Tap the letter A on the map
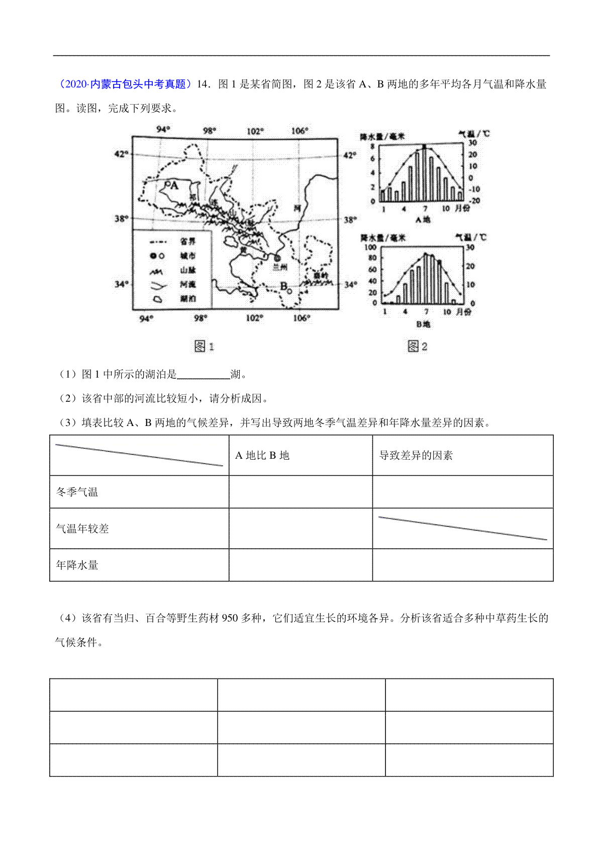coord(174,186)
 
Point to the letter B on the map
coord(283,286)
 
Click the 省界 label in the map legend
coord(187,242)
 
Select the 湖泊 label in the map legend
coord(187,299)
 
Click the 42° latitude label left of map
coord(121,154)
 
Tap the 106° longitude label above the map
coord(299,131)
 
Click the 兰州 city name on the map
coord(280,268)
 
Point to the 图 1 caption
coord(204,346)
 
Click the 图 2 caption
coord(418,346)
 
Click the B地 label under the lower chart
coord(423,324)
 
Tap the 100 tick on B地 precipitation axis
coord(370,247)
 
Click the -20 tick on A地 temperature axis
coord(474,200)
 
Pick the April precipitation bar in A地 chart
coord(404,191)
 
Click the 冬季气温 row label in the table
coord(77,492)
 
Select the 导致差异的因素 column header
coord(416,455)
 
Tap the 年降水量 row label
coord(77,565)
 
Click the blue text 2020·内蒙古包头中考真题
coord(124,84)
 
